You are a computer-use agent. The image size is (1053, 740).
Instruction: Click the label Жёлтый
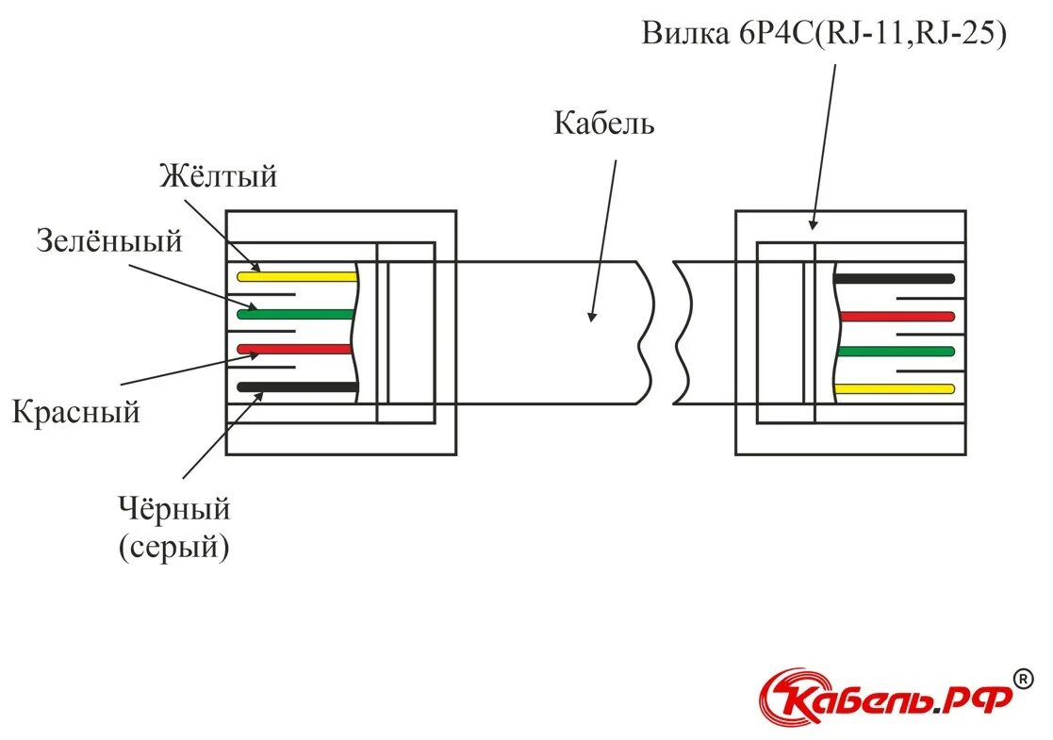[218, 176]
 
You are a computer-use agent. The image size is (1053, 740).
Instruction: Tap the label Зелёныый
[109, 241]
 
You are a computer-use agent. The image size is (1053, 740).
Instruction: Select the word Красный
[76, 412]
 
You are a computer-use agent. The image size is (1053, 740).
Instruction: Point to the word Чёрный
[174, 509]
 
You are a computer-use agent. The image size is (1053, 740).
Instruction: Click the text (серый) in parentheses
[174, 547]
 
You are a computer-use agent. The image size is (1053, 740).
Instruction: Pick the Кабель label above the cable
[603, 123]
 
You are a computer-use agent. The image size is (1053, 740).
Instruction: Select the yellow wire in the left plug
[297, 277]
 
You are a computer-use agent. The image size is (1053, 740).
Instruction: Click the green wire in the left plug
[297, 314]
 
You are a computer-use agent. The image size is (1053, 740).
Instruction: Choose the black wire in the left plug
[297, 386]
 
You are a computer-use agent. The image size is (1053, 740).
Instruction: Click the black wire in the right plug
[894, 279]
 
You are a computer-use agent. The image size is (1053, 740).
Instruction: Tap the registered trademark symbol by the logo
[1022, 678]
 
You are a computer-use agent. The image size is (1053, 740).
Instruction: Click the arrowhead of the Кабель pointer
[592, 316]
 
